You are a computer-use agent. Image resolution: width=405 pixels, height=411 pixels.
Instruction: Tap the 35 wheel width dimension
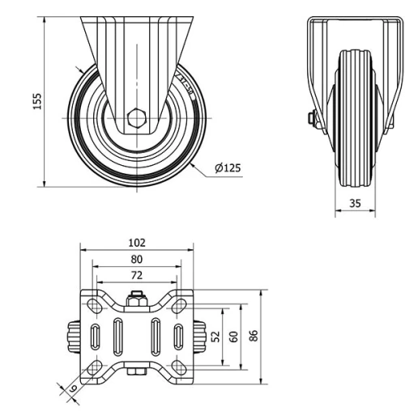(x=355, y=203)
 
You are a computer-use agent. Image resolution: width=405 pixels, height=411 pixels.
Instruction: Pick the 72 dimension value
(x=136, y=276)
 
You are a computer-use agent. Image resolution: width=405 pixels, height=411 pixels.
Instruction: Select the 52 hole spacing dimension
(x=215, y=336)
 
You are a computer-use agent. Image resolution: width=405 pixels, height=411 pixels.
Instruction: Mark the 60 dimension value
(x=233, y=336)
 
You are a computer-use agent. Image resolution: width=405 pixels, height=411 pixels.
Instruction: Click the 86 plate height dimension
(x=254, y=336)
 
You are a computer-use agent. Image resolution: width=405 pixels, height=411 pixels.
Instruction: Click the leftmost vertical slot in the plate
(x=96, y=336)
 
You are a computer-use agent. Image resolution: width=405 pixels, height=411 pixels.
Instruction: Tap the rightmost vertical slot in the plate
(x=177, y=336)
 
